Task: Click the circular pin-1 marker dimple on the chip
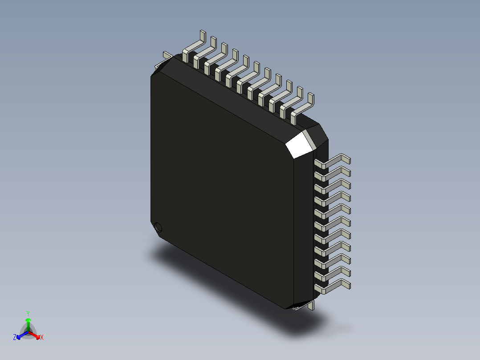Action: pos(158,227)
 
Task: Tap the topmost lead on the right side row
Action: pos(334,161)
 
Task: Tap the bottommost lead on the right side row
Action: pos(334,287)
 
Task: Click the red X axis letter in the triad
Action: pos(42,338)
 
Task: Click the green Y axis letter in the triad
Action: pos(28,313)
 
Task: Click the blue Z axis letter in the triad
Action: pos(15,338)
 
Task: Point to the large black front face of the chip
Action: pos(223,187)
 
